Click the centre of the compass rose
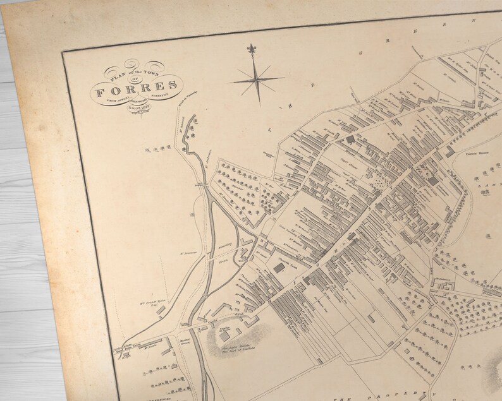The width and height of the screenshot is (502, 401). pyautogui.click(x=257, y=80)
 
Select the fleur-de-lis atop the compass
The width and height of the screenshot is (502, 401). pyautogui.click(x=252, y=49)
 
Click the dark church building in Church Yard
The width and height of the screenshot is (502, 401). pyautogui.click(x=279, y=268)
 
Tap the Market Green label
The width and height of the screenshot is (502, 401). pyautogui.click(x=185, y=341)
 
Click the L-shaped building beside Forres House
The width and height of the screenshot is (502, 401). pyautogui.click(x=450, y=152)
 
